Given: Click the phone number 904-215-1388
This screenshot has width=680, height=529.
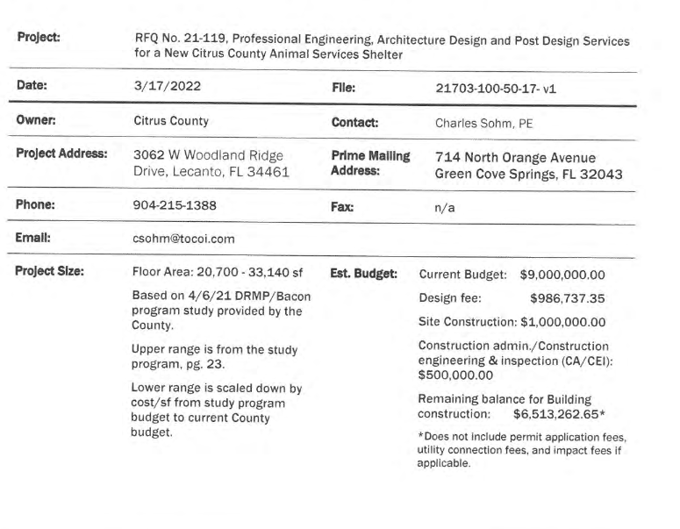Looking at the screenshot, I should (x=175, y=210).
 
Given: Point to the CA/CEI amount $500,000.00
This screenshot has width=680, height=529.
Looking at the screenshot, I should (x=458, y=374).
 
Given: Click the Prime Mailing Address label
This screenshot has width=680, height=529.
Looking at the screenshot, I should (x=371, y=163).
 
